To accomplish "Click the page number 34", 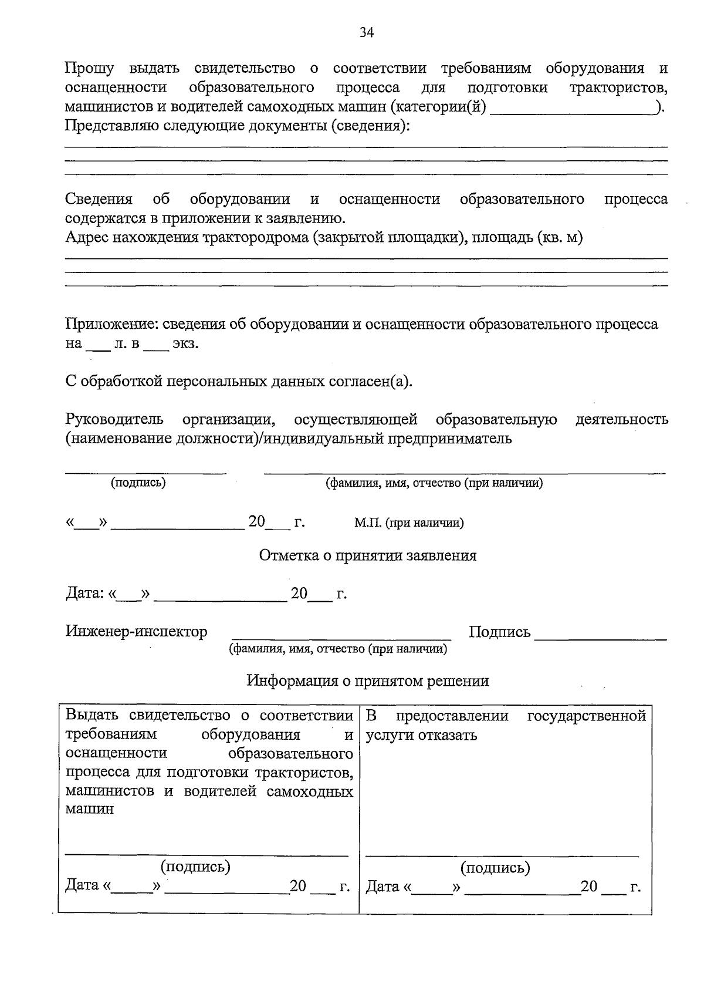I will coord(367,32).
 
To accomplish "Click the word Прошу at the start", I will coord(89,69).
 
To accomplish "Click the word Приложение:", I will coord(111,325).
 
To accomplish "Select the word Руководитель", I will coord(114,420).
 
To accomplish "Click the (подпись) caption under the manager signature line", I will coord(138,483).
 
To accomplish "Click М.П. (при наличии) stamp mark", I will coord(409,523).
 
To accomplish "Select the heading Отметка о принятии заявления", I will coord(368,555).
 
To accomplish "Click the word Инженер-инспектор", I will coord(136,632).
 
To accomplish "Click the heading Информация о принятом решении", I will coord(367,681).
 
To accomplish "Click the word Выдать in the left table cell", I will coord(92,716).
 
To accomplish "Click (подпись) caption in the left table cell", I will coord(195,867).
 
